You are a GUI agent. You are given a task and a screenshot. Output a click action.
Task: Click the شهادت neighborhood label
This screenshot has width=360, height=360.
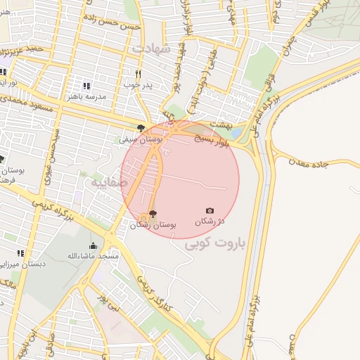[150, 49]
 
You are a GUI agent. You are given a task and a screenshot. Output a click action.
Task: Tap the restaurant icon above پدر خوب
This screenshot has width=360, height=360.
[139, 74]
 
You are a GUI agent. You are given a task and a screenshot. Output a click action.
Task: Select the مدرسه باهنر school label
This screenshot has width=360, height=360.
[86, 96]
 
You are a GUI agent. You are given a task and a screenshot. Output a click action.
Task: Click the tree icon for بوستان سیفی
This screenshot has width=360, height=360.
[141, 128]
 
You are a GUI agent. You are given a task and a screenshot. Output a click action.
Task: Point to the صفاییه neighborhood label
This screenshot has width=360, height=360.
[108, 182]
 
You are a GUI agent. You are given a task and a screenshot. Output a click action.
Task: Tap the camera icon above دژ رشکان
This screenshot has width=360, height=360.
[210, 210]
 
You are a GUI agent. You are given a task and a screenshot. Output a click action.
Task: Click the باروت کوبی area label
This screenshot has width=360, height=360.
[217, 244]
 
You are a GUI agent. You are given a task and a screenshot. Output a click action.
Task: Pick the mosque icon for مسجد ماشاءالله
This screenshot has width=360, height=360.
[93, 245]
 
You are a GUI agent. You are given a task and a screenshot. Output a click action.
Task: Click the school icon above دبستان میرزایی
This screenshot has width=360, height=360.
[21, 253]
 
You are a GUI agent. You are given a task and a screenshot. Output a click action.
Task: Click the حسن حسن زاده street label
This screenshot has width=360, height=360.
[113, 21]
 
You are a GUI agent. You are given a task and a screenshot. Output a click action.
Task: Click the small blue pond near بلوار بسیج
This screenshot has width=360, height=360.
[236, 133]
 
